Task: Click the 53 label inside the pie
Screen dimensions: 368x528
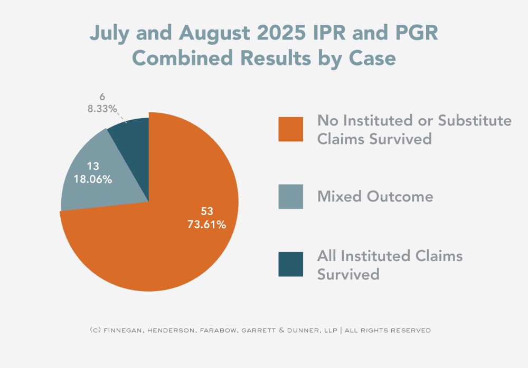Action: (x=206, y=212)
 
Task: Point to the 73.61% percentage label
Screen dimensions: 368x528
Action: (x=206, y=225)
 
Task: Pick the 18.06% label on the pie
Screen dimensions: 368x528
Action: (x=92, y=179)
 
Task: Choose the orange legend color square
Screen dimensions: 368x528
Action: (x=290, y=129)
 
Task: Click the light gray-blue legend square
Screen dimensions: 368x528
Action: (x=290, y=197)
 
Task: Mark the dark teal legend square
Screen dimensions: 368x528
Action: (x=290, y=264)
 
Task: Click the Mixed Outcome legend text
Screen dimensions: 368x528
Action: (x=375, y=197)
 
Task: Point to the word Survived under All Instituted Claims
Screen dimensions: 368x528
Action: (x=348, y=274)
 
